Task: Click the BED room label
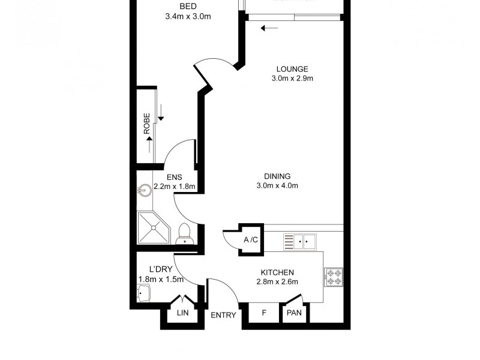[188, 7]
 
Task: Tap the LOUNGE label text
[292, 68]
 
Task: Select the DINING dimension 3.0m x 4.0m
[277, 185]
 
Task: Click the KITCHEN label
[277, 272]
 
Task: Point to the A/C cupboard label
[250, 240]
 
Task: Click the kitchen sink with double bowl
[299, 242]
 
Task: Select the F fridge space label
[265, 313]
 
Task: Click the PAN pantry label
[295, 313]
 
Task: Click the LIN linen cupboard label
[182, 313]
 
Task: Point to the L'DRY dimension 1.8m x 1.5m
[160, 279]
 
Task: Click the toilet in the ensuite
[185, 233]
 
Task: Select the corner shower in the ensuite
[153, 229]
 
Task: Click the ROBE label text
[146, 123]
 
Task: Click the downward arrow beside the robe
[161, 112]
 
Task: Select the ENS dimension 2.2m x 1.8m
[175, 186]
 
